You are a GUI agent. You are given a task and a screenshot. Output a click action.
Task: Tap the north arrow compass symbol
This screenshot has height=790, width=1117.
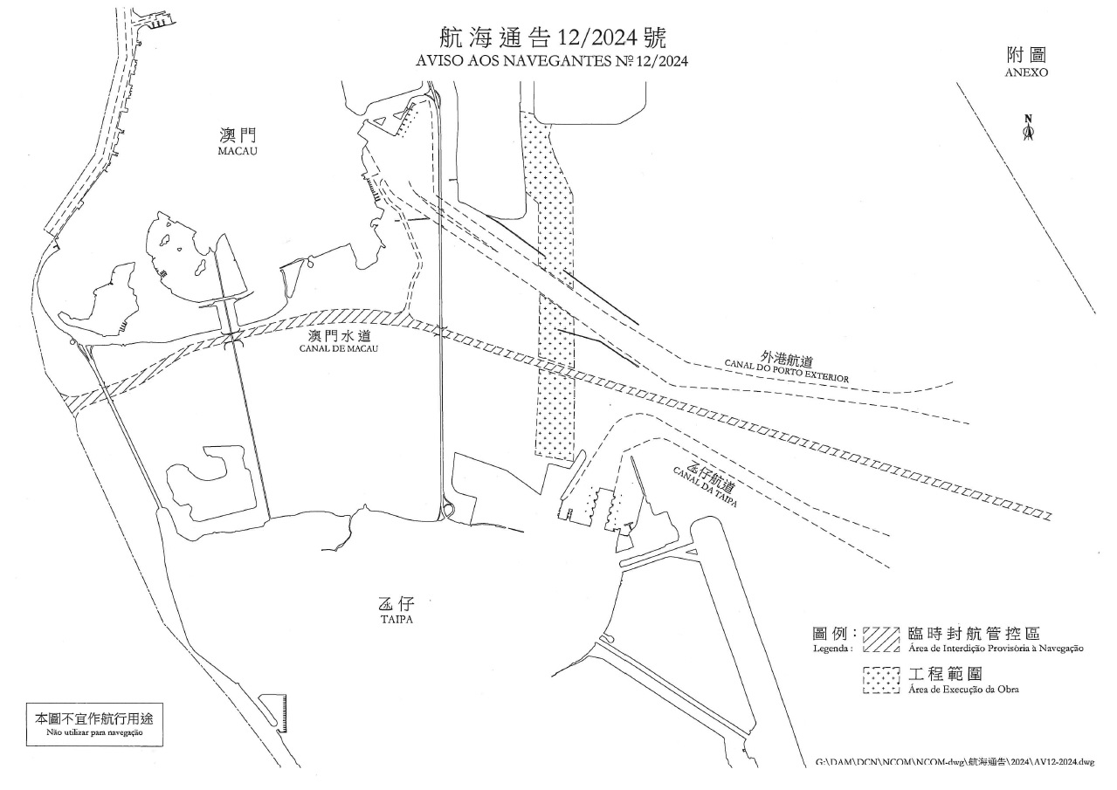point(1028,128)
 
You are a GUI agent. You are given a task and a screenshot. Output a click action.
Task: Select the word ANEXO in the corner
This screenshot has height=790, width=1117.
point(1026,73)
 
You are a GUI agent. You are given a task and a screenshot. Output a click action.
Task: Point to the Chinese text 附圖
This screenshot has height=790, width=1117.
point(1026,55)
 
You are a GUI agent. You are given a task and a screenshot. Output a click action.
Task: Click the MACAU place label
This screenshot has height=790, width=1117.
point(238,151)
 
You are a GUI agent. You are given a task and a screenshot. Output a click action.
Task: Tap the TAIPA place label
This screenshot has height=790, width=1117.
point(396,620)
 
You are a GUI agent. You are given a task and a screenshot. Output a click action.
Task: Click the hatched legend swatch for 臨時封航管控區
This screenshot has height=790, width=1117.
point(880,639)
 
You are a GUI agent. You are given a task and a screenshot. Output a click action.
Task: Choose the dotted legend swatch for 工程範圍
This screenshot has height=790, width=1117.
point(880,680)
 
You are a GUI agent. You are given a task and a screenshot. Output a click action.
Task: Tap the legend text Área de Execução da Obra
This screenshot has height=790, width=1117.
point(963,690)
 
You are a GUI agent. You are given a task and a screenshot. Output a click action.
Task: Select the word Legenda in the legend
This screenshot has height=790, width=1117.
point(832,649)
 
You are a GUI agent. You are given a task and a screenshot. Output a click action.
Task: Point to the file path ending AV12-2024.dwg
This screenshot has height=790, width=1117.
point(954,763)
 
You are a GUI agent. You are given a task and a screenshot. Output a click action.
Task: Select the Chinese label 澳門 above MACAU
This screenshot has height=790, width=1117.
point(238,135)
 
